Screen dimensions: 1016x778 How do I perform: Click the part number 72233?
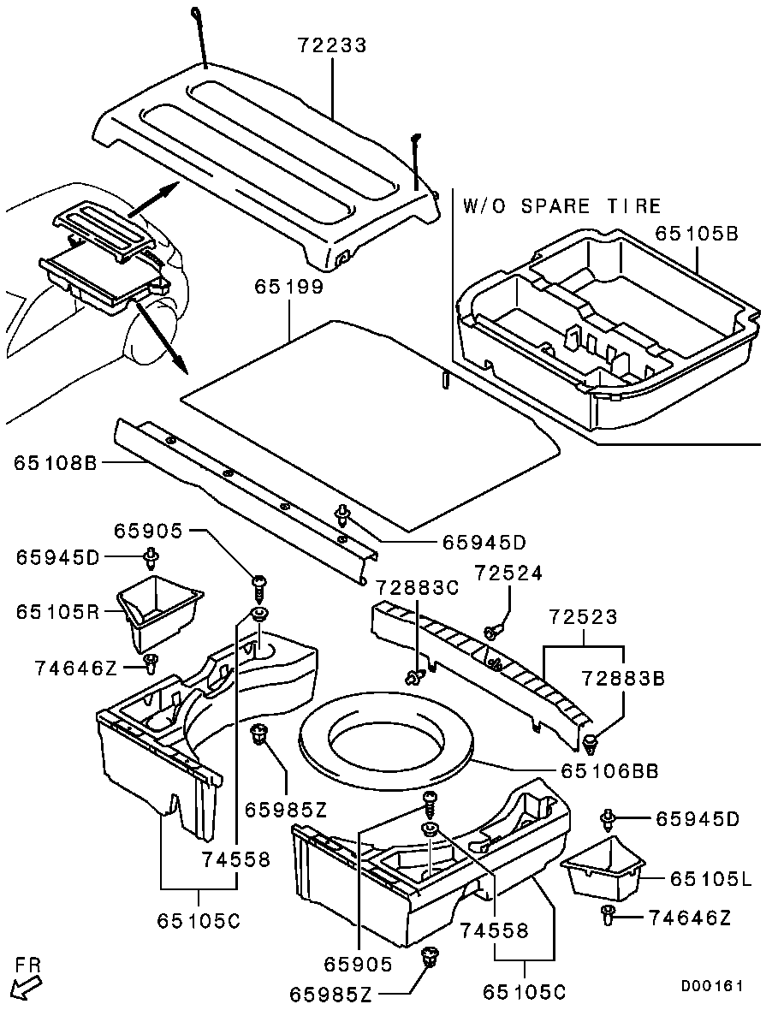pyautogui.click(x=332, y=45)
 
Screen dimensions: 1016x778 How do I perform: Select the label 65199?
pyautogui.click(x=288, y=288)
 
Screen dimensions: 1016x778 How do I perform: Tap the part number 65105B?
pyautogui.click(x=697, y=233)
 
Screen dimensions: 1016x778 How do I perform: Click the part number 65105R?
pyautogui.click(x=57, y=613)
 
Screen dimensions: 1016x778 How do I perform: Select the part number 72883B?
pyautogui.click(x=624, y=679)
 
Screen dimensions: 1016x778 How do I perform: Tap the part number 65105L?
pyautogui.click(x=711, y=878)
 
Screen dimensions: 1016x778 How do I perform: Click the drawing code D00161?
pyautogui.click(x=712, y=986)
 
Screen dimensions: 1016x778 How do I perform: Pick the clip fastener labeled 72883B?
pyautogui.click(x=591, y=739)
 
